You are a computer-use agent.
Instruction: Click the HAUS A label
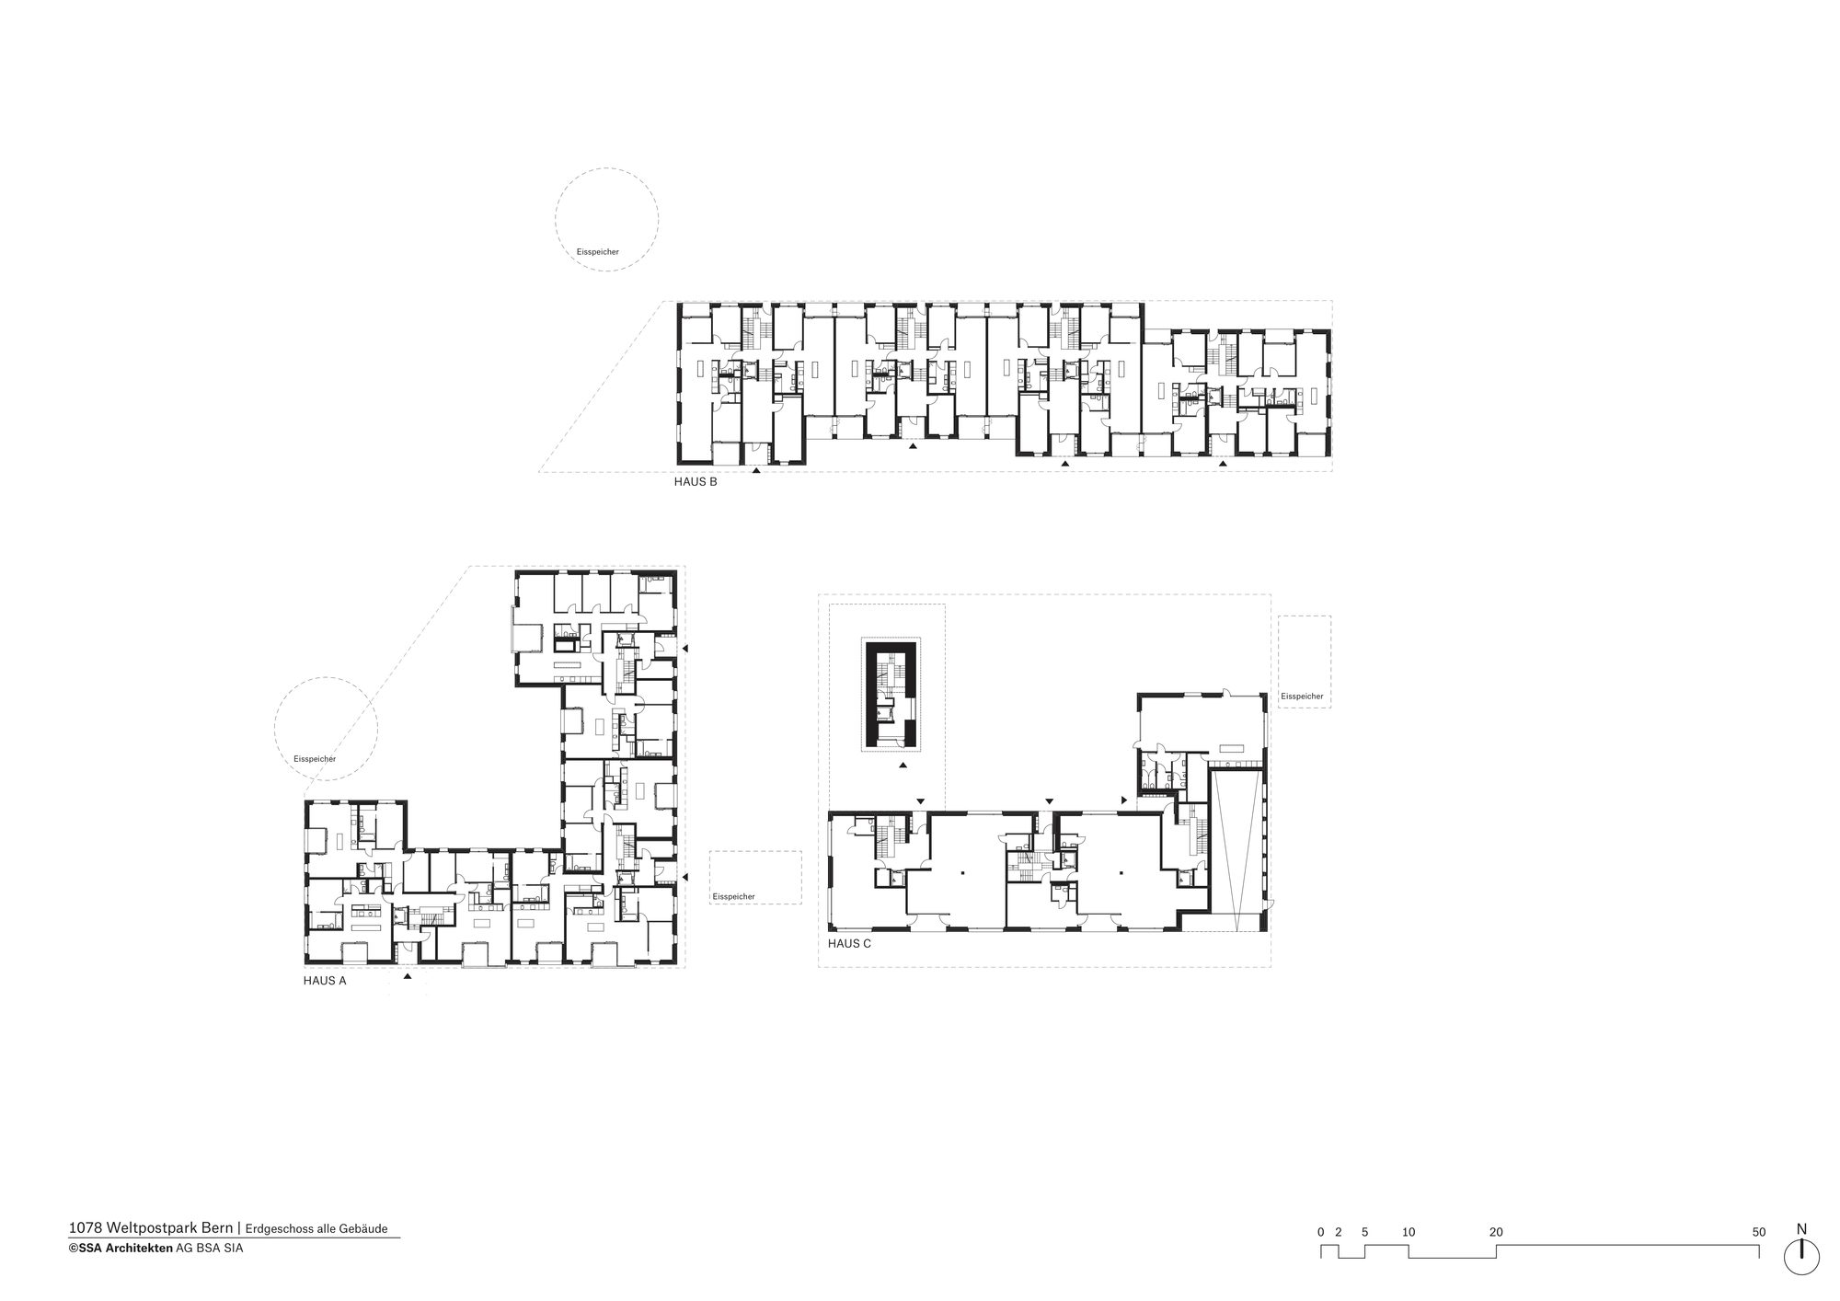(325, 981)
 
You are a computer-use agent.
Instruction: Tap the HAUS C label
(849, 944)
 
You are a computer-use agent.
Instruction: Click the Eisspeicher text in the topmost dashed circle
(597, 251)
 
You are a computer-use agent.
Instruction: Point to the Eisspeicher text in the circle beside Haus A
(315, 759)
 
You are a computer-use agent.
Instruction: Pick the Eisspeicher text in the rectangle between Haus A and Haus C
(733, 896)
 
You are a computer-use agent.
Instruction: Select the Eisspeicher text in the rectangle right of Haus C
(1302, 697)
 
